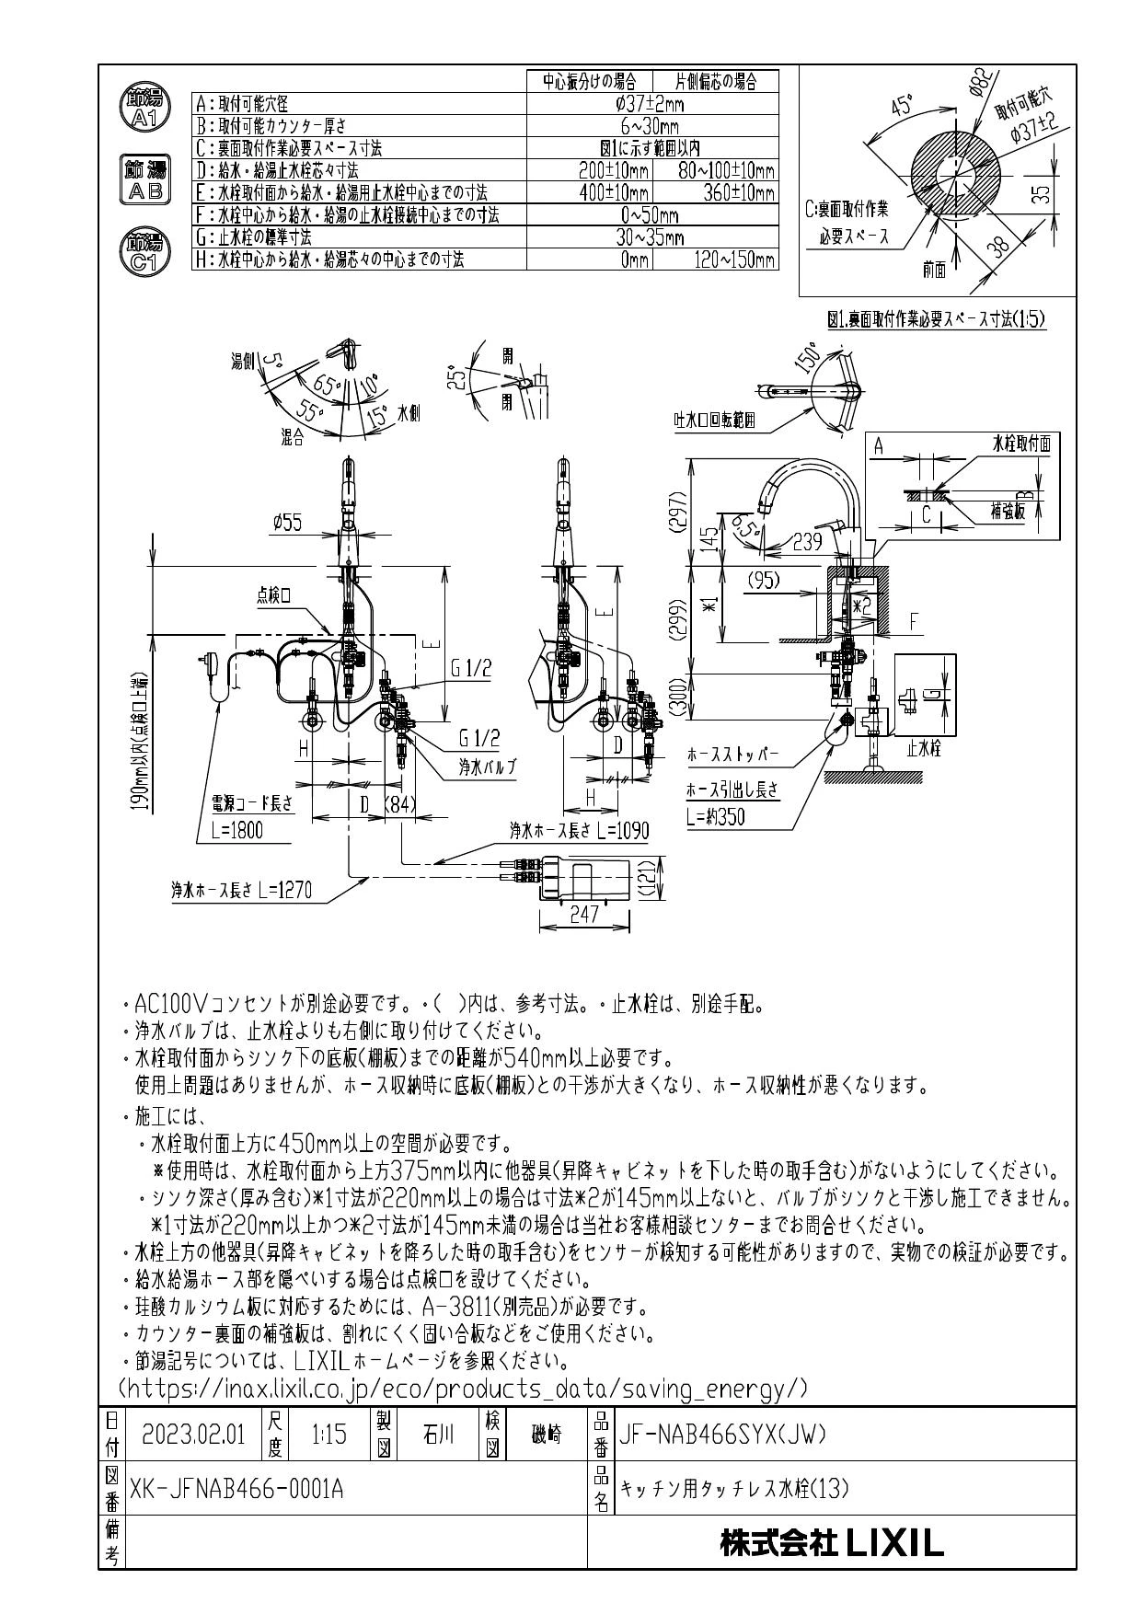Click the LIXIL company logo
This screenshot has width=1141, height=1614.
[x=832, y=1543]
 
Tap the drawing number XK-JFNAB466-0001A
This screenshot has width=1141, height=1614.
[x=237, y=1488]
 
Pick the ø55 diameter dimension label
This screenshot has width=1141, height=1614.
[x=287, y=524]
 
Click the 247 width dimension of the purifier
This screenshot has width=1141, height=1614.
[x=583, y=914]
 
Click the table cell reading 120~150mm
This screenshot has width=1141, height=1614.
[x=734, y=259]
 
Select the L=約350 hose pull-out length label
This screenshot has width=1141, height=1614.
[x=716, y=816]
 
